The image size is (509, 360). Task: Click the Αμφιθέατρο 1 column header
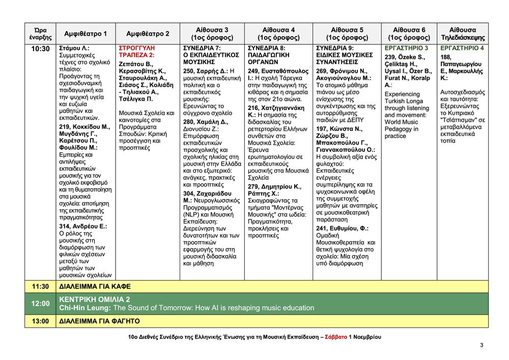(86, 34)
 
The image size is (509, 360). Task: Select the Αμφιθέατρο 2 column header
(148, 34)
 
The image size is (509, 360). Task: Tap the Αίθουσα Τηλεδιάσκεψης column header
(462, 34)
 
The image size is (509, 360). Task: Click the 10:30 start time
(40, 49)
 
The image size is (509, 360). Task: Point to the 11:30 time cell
(40, 287)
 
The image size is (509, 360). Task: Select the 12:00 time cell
(40, 303)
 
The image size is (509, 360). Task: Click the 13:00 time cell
(40, 321)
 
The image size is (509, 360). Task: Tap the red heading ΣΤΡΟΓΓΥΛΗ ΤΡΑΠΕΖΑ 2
(137, 51)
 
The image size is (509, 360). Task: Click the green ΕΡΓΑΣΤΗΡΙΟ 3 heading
(406, 48)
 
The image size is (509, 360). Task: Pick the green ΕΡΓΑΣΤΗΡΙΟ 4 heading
(462, 48)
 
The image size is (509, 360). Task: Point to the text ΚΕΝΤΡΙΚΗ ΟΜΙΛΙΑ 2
(95, 299)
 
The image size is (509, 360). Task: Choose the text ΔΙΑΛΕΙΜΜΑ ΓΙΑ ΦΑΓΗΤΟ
(99, 321)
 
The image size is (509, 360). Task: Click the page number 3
(482, 346)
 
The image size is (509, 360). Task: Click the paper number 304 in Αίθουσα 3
(189, 194)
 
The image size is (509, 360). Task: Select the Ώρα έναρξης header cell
(40, 34)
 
